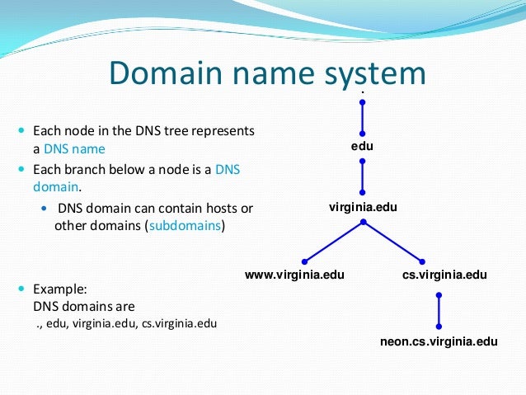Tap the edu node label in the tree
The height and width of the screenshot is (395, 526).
362,146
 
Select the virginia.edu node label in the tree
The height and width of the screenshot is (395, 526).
363,208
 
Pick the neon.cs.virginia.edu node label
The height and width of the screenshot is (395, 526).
439,340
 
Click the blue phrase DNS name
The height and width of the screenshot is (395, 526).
75,149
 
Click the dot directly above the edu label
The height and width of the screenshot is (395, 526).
362,132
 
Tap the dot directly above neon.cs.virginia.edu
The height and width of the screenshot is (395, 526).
439,325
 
